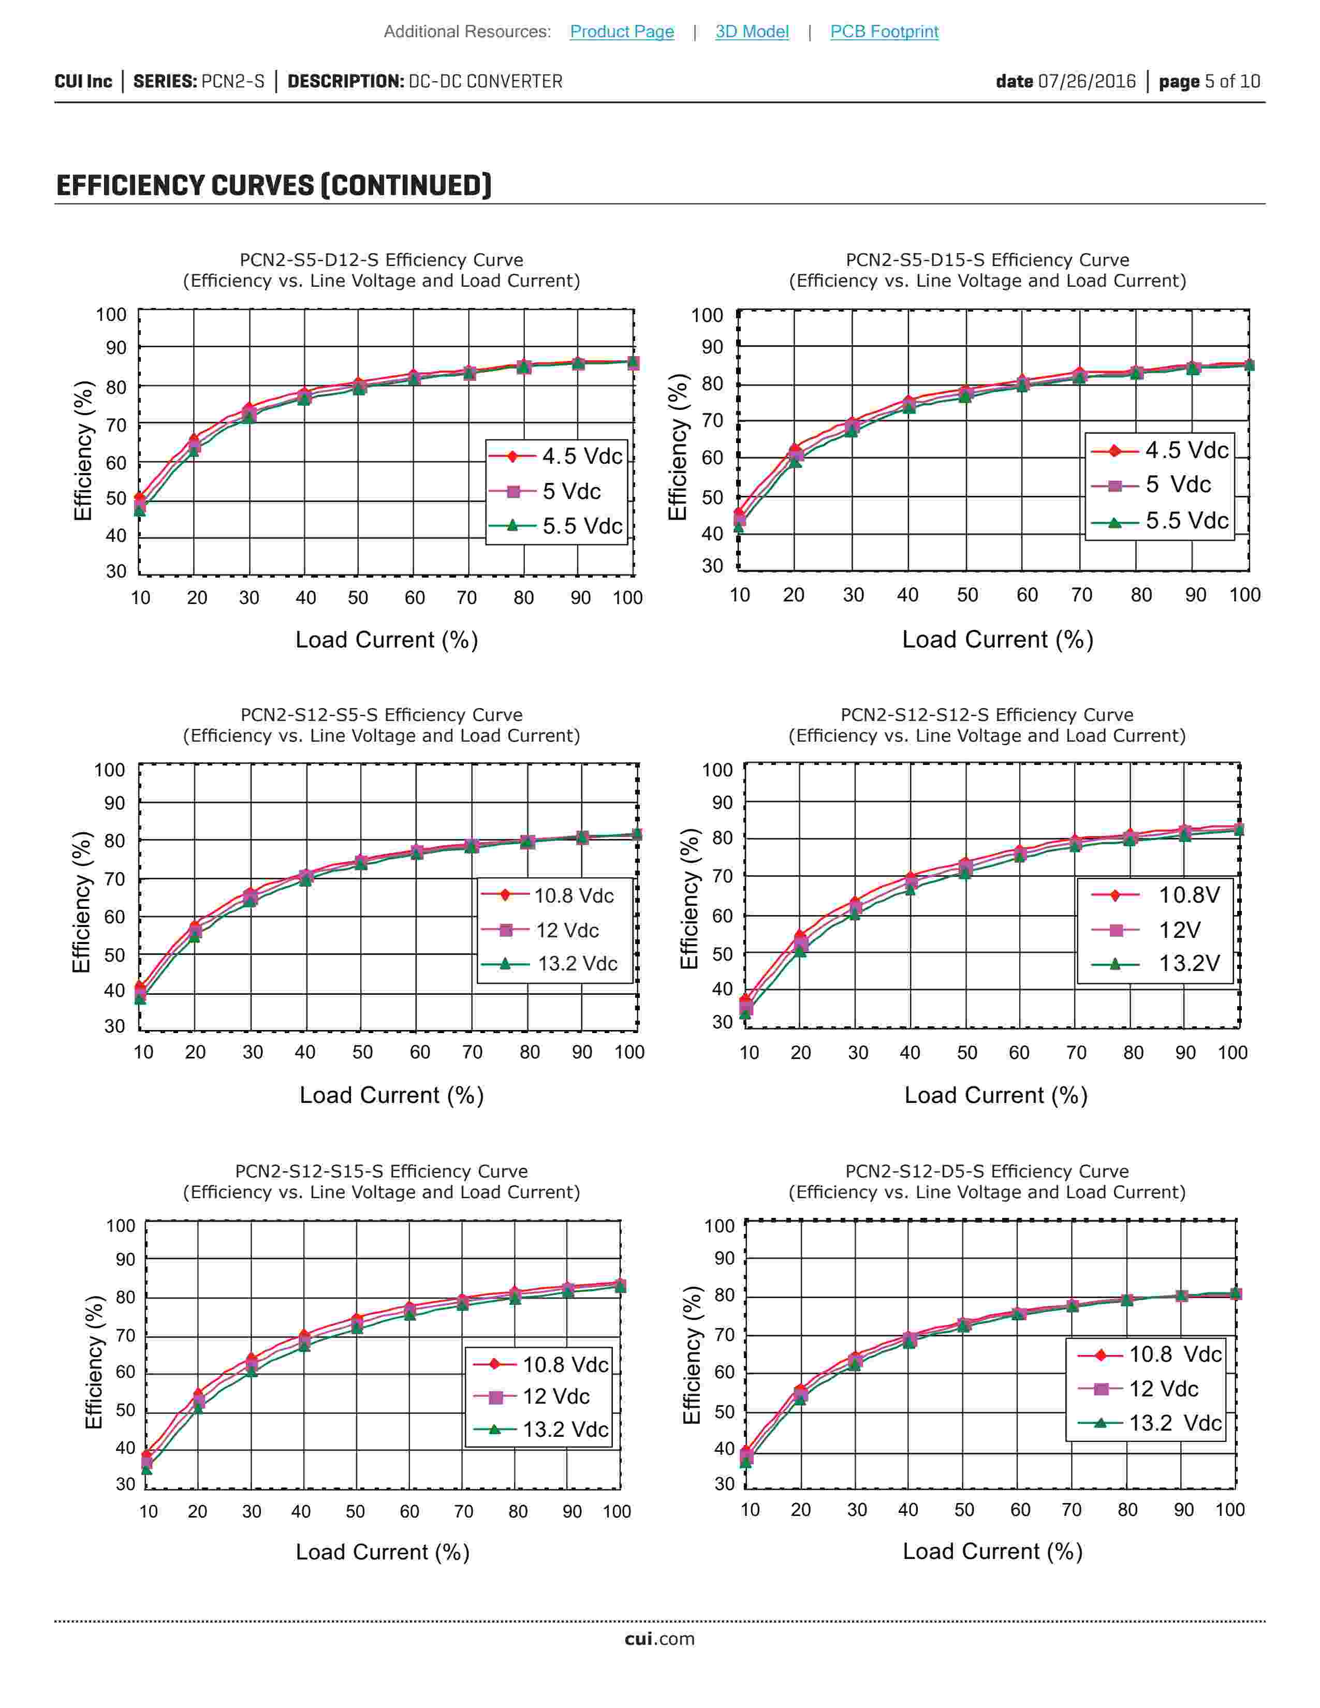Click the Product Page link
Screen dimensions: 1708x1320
[622, 31]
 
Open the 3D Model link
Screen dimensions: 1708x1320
[752, 31]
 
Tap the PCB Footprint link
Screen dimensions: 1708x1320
[884, 31]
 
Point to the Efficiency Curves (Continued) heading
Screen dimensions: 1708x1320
[274, 186]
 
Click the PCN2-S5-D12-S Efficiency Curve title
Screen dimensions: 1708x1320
[381, 260]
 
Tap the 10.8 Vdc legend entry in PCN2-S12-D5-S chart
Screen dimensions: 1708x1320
[1150, 1354]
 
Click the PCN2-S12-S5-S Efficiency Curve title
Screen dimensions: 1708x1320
[381, 715]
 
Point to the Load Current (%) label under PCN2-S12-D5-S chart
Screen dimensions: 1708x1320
[992, 1552]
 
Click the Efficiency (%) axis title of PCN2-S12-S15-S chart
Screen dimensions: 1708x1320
[94, 1362]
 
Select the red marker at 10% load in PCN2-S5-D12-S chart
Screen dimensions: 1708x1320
[140, 497]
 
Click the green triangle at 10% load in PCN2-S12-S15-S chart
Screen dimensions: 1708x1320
[146, 1469]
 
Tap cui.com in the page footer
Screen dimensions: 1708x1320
[659, 1639]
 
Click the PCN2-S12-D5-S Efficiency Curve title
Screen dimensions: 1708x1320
[987, 1171]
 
